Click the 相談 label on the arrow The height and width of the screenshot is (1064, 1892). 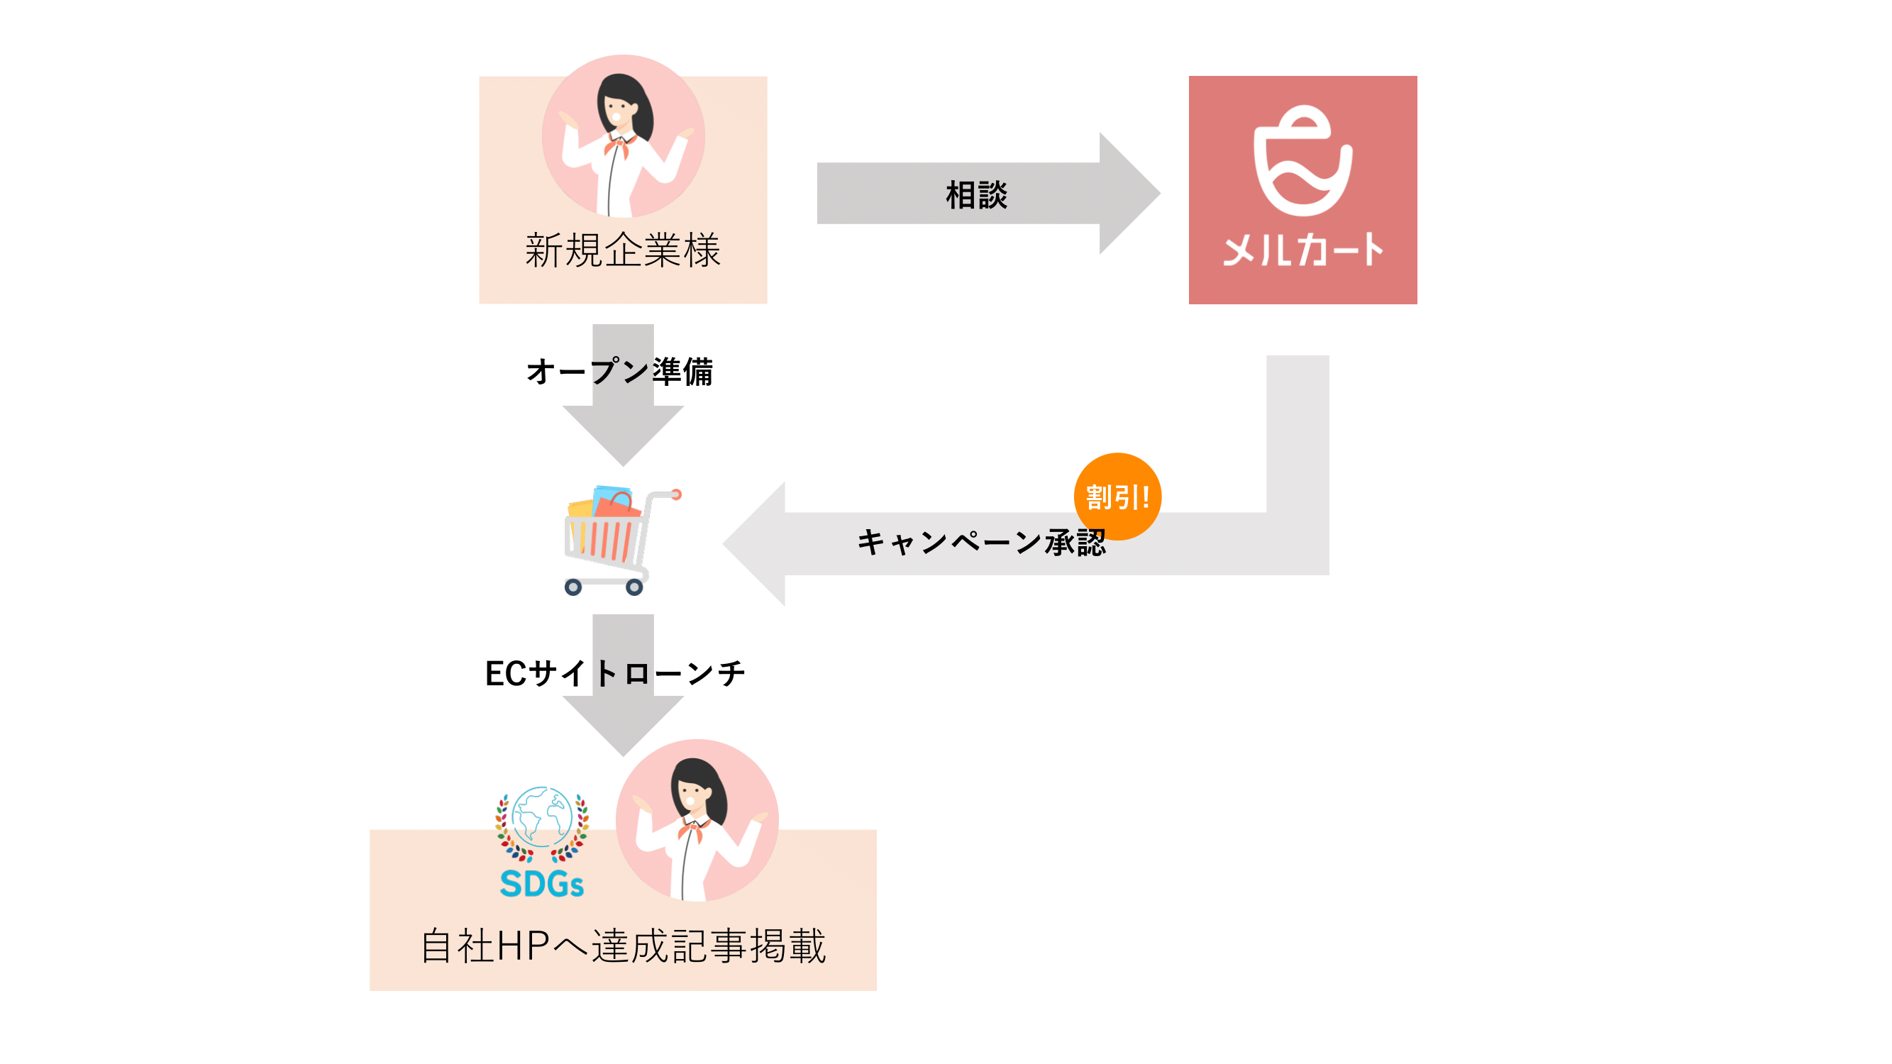tap(976, 195)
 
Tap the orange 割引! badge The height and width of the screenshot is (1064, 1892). tap(1117, 497)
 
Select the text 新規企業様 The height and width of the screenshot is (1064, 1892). tap(623, 250)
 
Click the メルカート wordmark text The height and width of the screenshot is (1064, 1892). tap(1302, 250)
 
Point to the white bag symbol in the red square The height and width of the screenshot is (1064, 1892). tap(1302, 162)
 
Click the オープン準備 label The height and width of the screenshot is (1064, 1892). tap(620, 372)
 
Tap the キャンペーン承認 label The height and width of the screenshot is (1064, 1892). tap(980, 543)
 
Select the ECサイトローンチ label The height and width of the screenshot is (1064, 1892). tap(615, 673)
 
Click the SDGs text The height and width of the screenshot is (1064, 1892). tap(541, 884)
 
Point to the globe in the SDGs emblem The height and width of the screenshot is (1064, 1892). tap(542, 816)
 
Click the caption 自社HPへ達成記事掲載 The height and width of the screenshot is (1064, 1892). tap(623, 946)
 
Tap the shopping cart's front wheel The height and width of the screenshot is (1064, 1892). tap(573, 587)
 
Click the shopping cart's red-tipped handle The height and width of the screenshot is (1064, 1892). tap(675, 494)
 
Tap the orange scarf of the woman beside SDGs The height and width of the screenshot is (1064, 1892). tap(692, 830)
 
